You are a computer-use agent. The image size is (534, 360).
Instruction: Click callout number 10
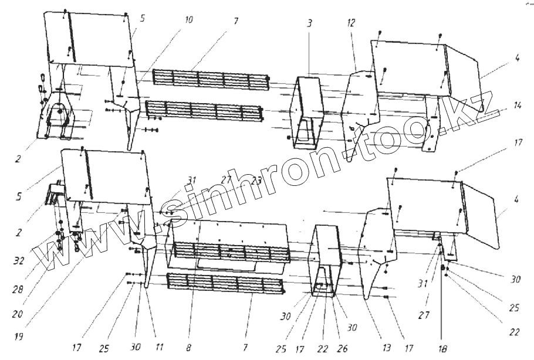[x=188, y=20]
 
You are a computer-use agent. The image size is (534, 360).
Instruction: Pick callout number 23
[x=255, y=181]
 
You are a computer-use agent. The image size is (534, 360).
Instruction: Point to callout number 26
[x=342, y=349]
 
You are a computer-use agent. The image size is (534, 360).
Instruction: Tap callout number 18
[x=442, y=350]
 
